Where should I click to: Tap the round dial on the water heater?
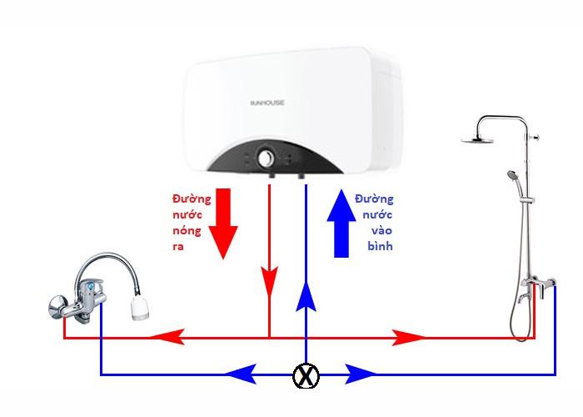[267, 157]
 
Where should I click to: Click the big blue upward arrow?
[340, 223]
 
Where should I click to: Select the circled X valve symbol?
[306, 377]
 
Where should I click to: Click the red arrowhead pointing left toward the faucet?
[167, 337]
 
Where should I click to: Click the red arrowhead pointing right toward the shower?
[408, 337]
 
